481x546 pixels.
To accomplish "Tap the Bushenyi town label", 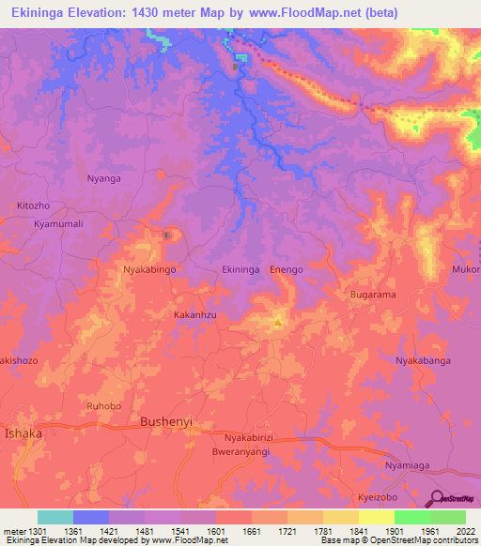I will (x=165, y=422).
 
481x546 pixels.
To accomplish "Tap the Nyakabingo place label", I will (x=150, y=269).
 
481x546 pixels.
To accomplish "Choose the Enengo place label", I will (x=287, y=269).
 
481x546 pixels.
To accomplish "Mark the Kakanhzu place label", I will (x=195, y=316).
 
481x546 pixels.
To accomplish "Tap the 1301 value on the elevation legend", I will (x=36, y=530).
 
